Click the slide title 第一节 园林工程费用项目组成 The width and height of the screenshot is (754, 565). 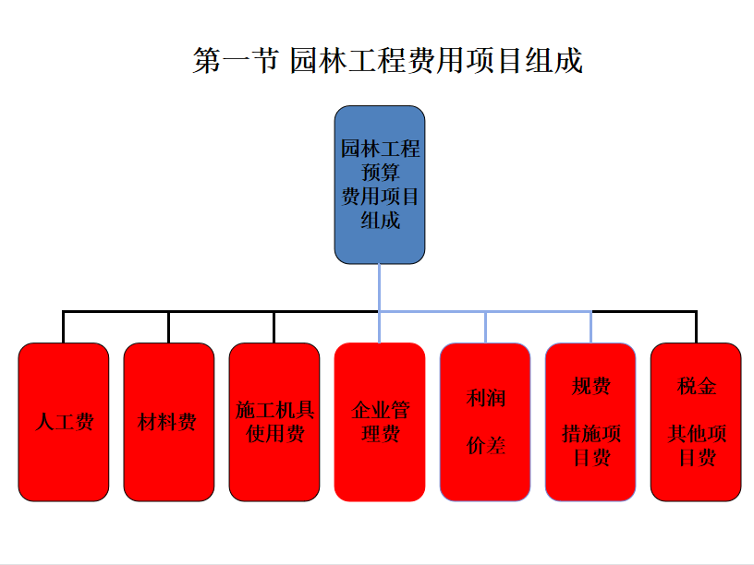click(x=387, y=61)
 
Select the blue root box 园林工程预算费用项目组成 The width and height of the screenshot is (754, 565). click(x=380, y=185)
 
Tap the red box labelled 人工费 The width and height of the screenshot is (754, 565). click(x=64, y=422)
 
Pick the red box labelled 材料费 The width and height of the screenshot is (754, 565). click(x=169, y=422)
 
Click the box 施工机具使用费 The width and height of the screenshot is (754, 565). click(x=274, y=422)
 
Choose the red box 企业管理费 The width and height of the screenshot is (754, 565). click(x=380, y=422)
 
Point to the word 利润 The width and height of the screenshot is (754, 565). click(x=486, y=398)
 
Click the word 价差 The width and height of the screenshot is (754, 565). click(x=486, y=445)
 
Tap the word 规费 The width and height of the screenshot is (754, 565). click(x=591, y=386)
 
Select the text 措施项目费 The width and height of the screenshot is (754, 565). click(x=591, y=445)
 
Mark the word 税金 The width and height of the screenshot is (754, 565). click(x=697, y=386)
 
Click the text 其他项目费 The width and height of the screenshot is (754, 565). click(x=697, y=445)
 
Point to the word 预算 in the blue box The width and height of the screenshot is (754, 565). click(x=380, y=172)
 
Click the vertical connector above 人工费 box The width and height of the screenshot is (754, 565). click(x=64, y=327)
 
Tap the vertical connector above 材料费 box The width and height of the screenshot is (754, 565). click(x=169, y=327)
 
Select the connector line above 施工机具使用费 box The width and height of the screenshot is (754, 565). click(x=274, y=327)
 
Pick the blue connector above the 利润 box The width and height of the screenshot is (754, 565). click(x=486, y=327)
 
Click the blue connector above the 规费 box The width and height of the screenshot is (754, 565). click(x=591, y=327)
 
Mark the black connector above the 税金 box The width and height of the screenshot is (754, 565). click(x=696, y=327)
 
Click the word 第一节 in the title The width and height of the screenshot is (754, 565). click(x=236, y=61)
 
